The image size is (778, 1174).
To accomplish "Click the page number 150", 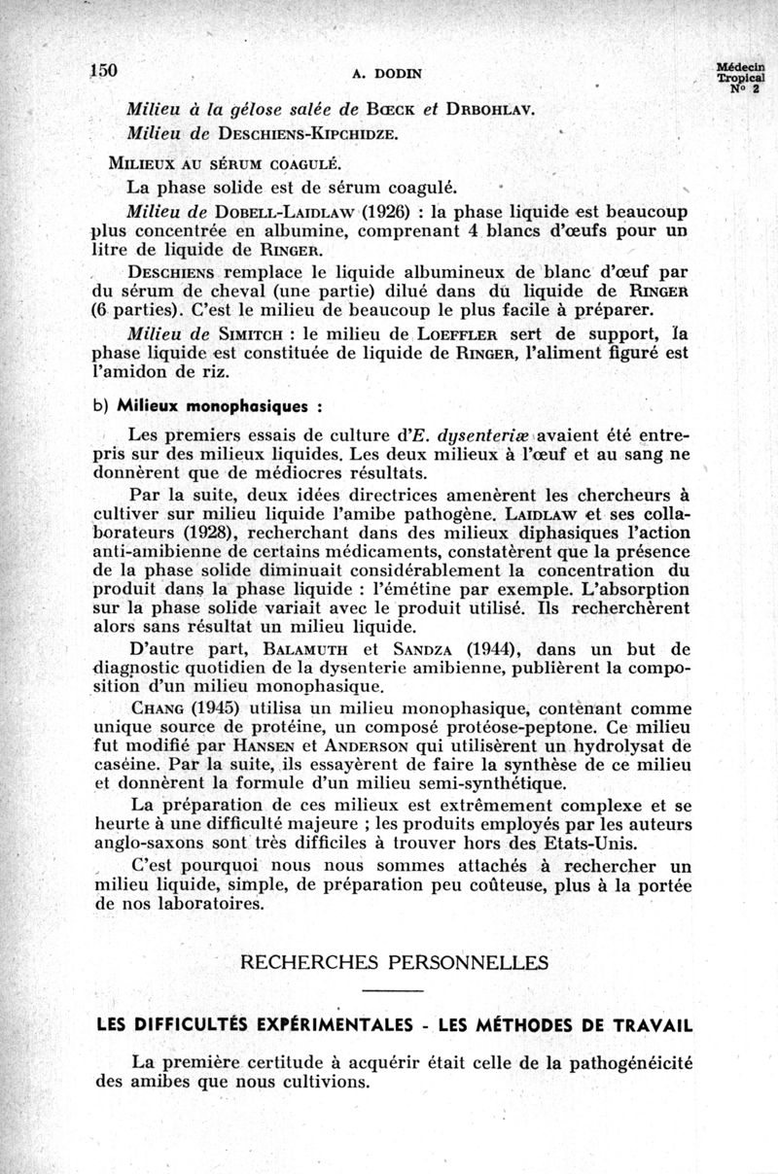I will point(102,70).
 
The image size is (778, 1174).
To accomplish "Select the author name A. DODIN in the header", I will point(387,72).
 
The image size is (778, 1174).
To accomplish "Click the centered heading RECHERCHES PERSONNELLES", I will point(393,963).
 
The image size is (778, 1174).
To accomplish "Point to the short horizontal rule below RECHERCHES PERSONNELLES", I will point(393,991).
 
